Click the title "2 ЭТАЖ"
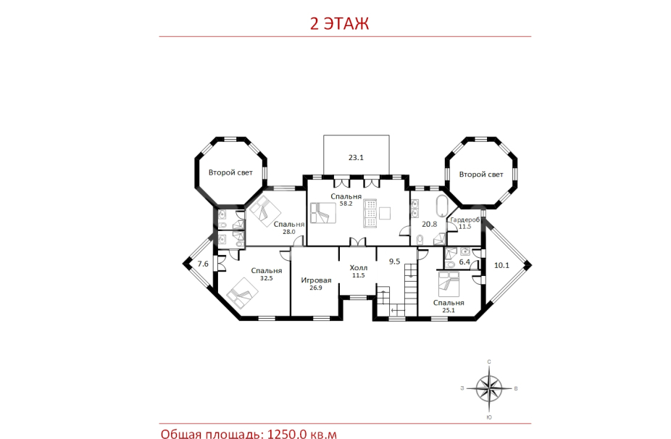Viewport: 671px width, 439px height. click(339, 23)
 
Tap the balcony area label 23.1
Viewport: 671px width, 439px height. click(356, 157)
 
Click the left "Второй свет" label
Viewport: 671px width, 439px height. click(230, 172)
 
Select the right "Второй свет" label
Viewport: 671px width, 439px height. click(481, 174)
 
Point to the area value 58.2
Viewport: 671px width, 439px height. click(346, 204)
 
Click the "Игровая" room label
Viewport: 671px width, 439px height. click(316, 280)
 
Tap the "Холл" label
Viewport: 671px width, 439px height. click(358, 268)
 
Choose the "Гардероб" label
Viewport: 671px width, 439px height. click(464, 220)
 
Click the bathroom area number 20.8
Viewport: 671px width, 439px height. click(429, 224)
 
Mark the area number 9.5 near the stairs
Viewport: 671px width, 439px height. click(394, 261)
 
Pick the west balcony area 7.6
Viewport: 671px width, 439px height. click(203, 264)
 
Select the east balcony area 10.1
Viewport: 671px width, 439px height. click(501, 265)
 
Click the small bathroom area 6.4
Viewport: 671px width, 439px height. click(464, 262)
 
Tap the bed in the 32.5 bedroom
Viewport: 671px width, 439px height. click(242, 293)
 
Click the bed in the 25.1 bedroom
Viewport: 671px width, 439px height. click(448, 284)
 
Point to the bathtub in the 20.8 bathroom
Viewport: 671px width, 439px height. click(441, 206)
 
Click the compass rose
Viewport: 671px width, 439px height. click(489, 388)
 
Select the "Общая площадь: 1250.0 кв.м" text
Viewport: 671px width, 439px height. click(249, 433)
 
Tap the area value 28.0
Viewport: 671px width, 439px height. click(289, 232)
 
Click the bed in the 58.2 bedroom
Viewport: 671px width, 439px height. click(323, 213)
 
